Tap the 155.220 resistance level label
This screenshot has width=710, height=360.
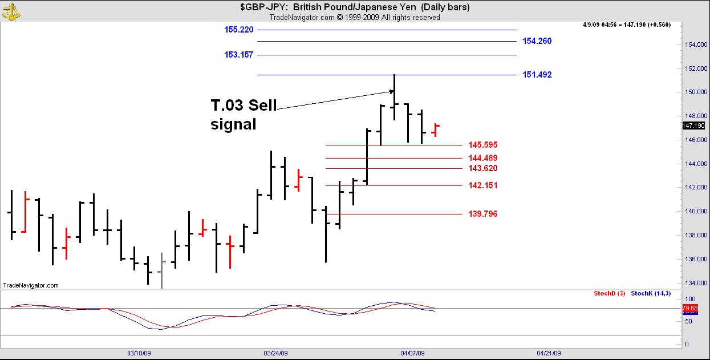pos(239,30)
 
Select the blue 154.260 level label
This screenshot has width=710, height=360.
pos(537,41)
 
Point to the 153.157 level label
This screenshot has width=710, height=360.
pos(239,55)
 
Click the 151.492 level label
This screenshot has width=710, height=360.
pos(537,75)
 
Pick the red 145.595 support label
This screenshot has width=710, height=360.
pos(482,145)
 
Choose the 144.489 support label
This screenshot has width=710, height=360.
pos(482,158)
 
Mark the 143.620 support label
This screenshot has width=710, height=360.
pos(482,168)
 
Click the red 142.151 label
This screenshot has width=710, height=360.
pos(482,185)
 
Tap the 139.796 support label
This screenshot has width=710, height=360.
pos(482,214)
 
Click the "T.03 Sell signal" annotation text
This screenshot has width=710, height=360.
pos(244,115)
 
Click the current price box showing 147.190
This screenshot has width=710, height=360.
pos(693,126)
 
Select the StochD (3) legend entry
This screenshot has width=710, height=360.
pos(609,293)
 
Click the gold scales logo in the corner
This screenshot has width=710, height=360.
pos(11,10)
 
